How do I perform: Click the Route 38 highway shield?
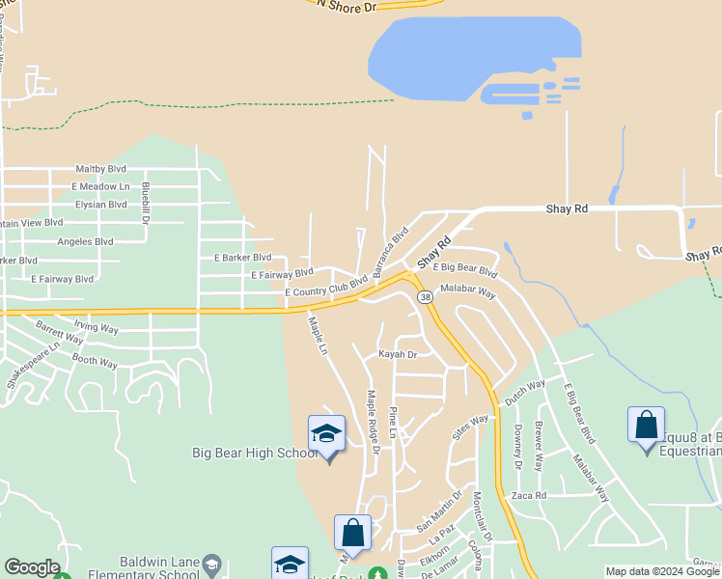coord(425,297)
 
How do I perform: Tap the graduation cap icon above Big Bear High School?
coord(326,433)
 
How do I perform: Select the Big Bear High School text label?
coord(255,453)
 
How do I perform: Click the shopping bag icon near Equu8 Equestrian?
coord(646,425)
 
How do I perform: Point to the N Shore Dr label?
coord(346,7)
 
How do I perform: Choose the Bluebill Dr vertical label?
coord(146,204)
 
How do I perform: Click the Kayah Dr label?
coord(397,355)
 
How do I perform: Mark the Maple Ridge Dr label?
coord(372,418)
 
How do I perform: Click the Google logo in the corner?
coord(32,567)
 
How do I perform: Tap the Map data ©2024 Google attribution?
coord(661,571)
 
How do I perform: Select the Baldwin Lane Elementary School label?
coord(160,568)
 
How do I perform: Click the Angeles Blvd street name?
coord(85,241)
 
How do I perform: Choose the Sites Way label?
coord(472,426)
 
